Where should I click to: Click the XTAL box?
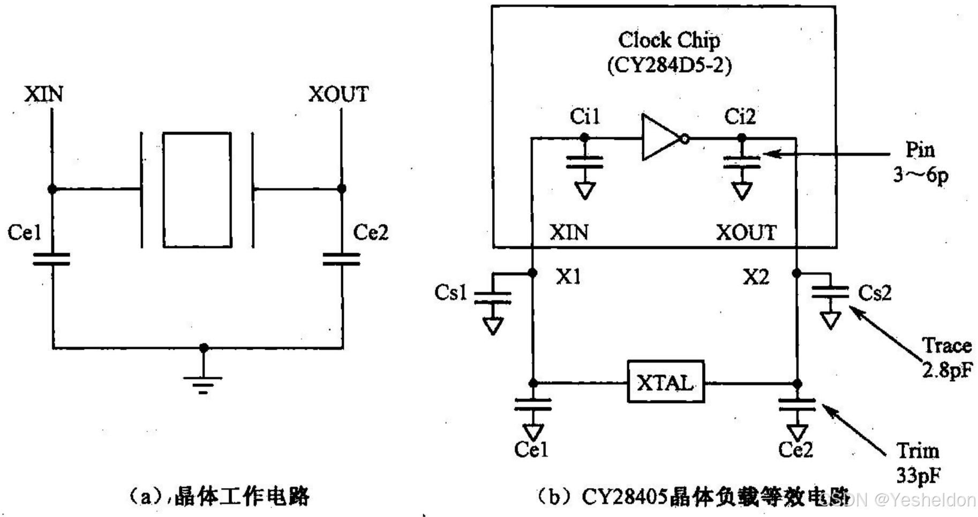pos(665,382)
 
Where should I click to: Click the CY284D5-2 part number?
pos(669,65)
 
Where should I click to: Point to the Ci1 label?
pos(584,116)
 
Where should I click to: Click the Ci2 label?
pos(740,116)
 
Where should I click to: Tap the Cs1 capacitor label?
pos(450,293)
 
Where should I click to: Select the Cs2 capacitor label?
pos(875,293)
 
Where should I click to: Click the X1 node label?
pos(568,276)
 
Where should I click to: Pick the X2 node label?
pos(756,277)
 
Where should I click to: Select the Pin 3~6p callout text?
pos(920,162)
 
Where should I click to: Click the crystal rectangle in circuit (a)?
pos(197,190)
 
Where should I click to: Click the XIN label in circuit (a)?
pos(43,94)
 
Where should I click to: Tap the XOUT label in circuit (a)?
pos(338,94)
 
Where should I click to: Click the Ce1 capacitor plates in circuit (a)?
pos(52,260)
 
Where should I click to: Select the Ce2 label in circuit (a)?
pos(371,232)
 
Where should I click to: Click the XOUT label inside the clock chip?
pos(746,232)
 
